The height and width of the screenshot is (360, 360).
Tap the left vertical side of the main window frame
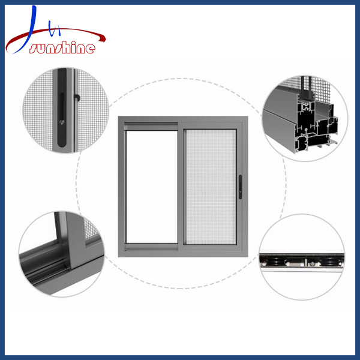121,186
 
